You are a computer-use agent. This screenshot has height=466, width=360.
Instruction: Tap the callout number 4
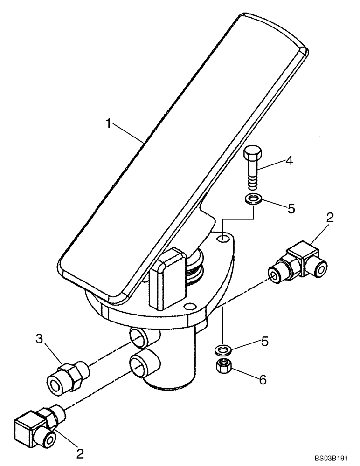(289, 162)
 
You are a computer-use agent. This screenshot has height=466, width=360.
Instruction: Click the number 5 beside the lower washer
(264, 342)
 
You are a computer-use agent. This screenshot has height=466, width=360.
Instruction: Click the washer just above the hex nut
(223, 348)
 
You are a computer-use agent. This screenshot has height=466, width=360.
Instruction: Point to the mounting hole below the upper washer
(224, 239)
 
